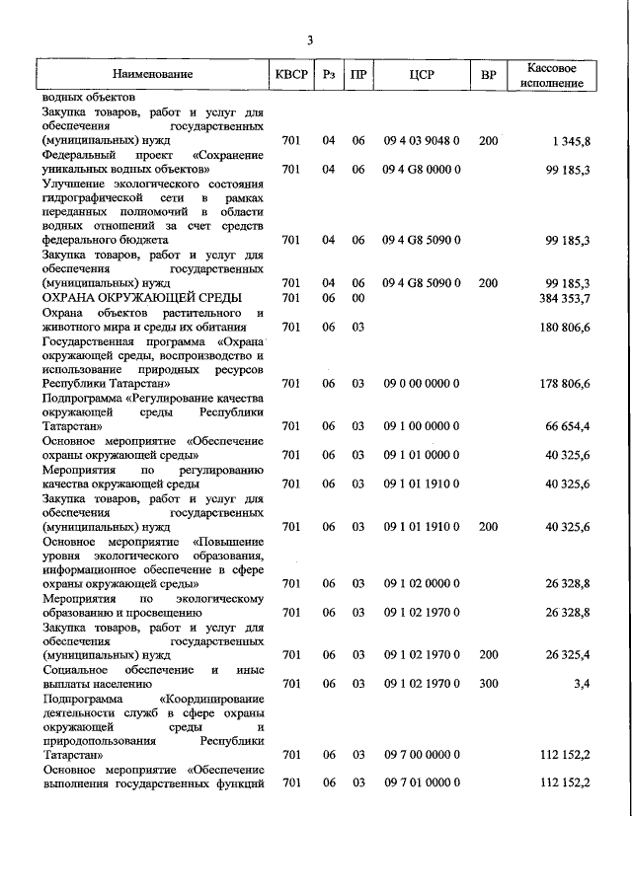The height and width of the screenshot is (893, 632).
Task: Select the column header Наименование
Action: (x=152, y=75)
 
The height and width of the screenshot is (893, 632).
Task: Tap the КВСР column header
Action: (x=292, y=75)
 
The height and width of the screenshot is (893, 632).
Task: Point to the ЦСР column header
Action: (x=422, y=75)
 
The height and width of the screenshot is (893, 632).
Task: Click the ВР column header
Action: (x=488, y=75)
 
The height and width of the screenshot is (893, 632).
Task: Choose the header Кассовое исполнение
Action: (x=552, y=75)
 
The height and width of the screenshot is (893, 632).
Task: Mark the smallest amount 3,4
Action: (x=582, y=683)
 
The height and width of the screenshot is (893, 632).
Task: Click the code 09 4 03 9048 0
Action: (x=422, y=142)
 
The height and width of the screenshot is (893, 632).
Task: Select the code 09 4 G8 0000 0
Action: (x=422, y=170)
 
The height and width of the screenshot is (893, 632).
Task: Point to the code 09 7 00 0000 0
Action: (x=422, y=755)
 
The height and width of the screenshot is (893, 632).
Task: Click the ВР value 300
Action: (x=488, y=683)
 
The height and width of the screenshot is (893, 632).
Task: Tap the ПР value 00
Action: (x=358, y=298)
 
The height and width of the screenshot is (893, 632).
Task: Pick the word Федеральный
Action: (x=83, y=156)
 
